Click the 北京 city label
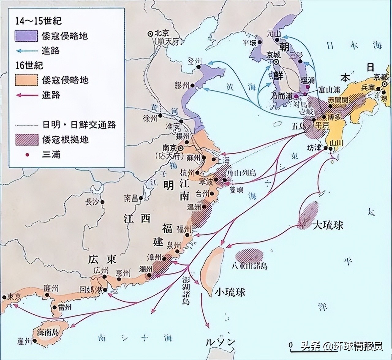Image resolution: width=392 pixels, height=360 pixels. click(x=162, y=33)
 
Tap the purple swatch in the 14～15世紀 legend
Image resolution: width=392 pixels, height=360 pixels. click(x=26, y=36)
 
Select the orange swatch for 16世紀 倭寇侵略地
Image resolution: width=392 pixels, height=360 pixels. click(x=26, y=80)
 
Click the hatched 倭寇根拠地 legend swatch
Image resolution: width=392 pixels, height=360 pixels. click(x=26, y=140)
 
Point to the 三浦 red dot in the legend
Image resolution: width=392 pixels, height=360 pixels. click(x=27, y=155)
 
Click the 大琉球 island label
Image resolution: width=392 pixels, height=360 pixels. click(x=327, y=225)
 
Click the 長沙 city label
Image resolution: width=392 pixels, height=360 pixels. click(x=92, y=202)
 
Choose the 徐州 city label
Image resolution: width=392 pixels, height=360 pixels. click(x=150, y=118)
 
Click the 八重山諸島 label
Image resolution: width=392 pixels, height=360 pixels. click(x=250, y=265)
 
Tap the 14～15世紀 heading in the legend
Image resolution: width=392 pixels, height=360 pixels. click(x=39, y=21)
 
